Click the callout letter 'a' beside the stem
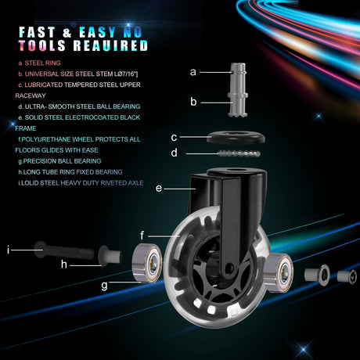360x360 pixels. [x=193, y=72]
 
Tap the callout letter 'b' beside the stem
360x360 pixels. [x=193, y=101]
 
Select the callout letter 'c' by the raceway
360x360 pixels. [x=174, y=137]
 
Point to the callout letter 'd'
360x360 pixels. [x=175, y=153]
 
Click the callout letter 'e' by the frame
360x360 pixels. [x=159, y=188]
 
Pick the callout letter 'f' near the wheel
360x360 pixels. [x=142, y=235]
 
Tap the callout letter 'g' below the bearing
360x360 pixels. [x=104, y=286]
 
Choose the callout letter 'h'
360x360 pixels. [x=64, y=264]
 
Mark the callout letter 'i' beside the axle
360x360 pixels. [x=9, y=250]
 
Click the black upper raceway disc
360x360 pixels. [x=236, y=138]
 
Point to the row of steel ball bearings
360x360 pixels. [x=239, y=153]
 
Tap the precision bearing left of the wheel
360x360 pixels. [x=147, y=263]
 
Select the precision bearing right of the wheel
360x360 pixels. [x=279, y=272]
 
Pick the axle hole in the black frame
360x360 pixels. [x=229, y=267]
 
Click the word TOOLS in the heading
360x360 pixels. [x=41, y=45]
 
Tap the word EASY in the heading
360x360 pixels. [x=97, y=32]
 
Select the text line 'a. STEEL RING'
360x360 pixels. [x=39, y=63]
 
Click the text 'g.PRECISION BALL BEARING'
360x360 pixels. [x=59, y=161]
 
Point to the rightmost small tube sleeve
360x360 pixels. [x=347, y=277]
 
